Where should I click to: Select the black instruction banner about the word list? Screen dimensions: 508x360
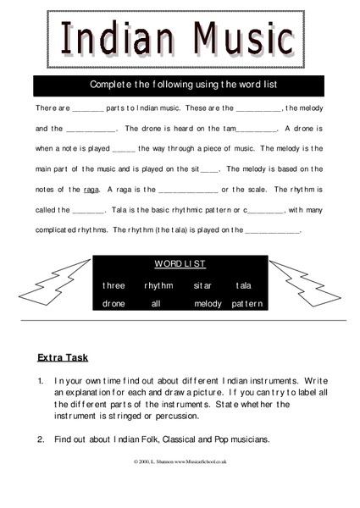[178, 85]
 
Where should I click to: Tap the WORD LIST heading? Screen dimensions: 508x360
[180, 264]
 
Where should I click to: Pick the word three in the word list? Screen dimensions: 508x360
[114, 285]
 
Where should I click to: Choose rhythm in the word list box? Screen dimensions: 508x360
[158, 285]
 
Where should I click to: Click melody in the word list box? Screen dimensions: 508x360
[208, 303]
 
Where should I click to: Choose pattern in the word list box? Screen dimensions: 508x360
[247, 303]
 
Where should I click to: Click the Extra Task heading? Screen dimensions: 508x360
[63, 357]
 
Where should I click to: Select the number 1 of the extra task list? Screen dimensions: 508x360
[40, 382]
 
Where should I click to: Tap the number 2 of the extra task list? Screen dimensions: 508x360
[40, 439]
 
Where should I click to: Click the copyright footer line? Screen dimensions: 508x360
[180, 461]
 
